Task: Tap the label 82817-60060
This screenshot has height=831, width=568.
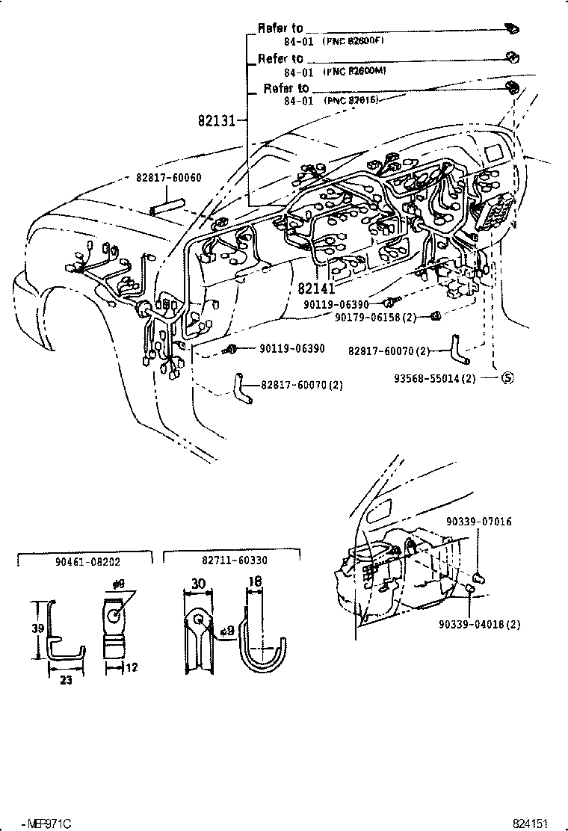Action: pos(168,179)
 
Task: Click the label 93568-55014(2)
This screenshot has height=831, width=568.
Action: pos(435,378)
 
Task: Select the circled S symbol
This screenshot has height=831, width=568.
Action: pos(507,377)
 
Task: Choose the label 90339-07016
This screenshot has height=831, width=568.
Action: pos(479,522)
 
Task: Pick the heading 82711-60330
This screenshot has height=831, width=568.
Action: pos(234,560)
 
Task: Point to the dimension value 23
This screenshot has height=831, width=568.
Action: pos(66,681)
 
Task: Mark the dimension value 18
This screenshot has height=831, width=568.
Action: pos(256,580)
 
